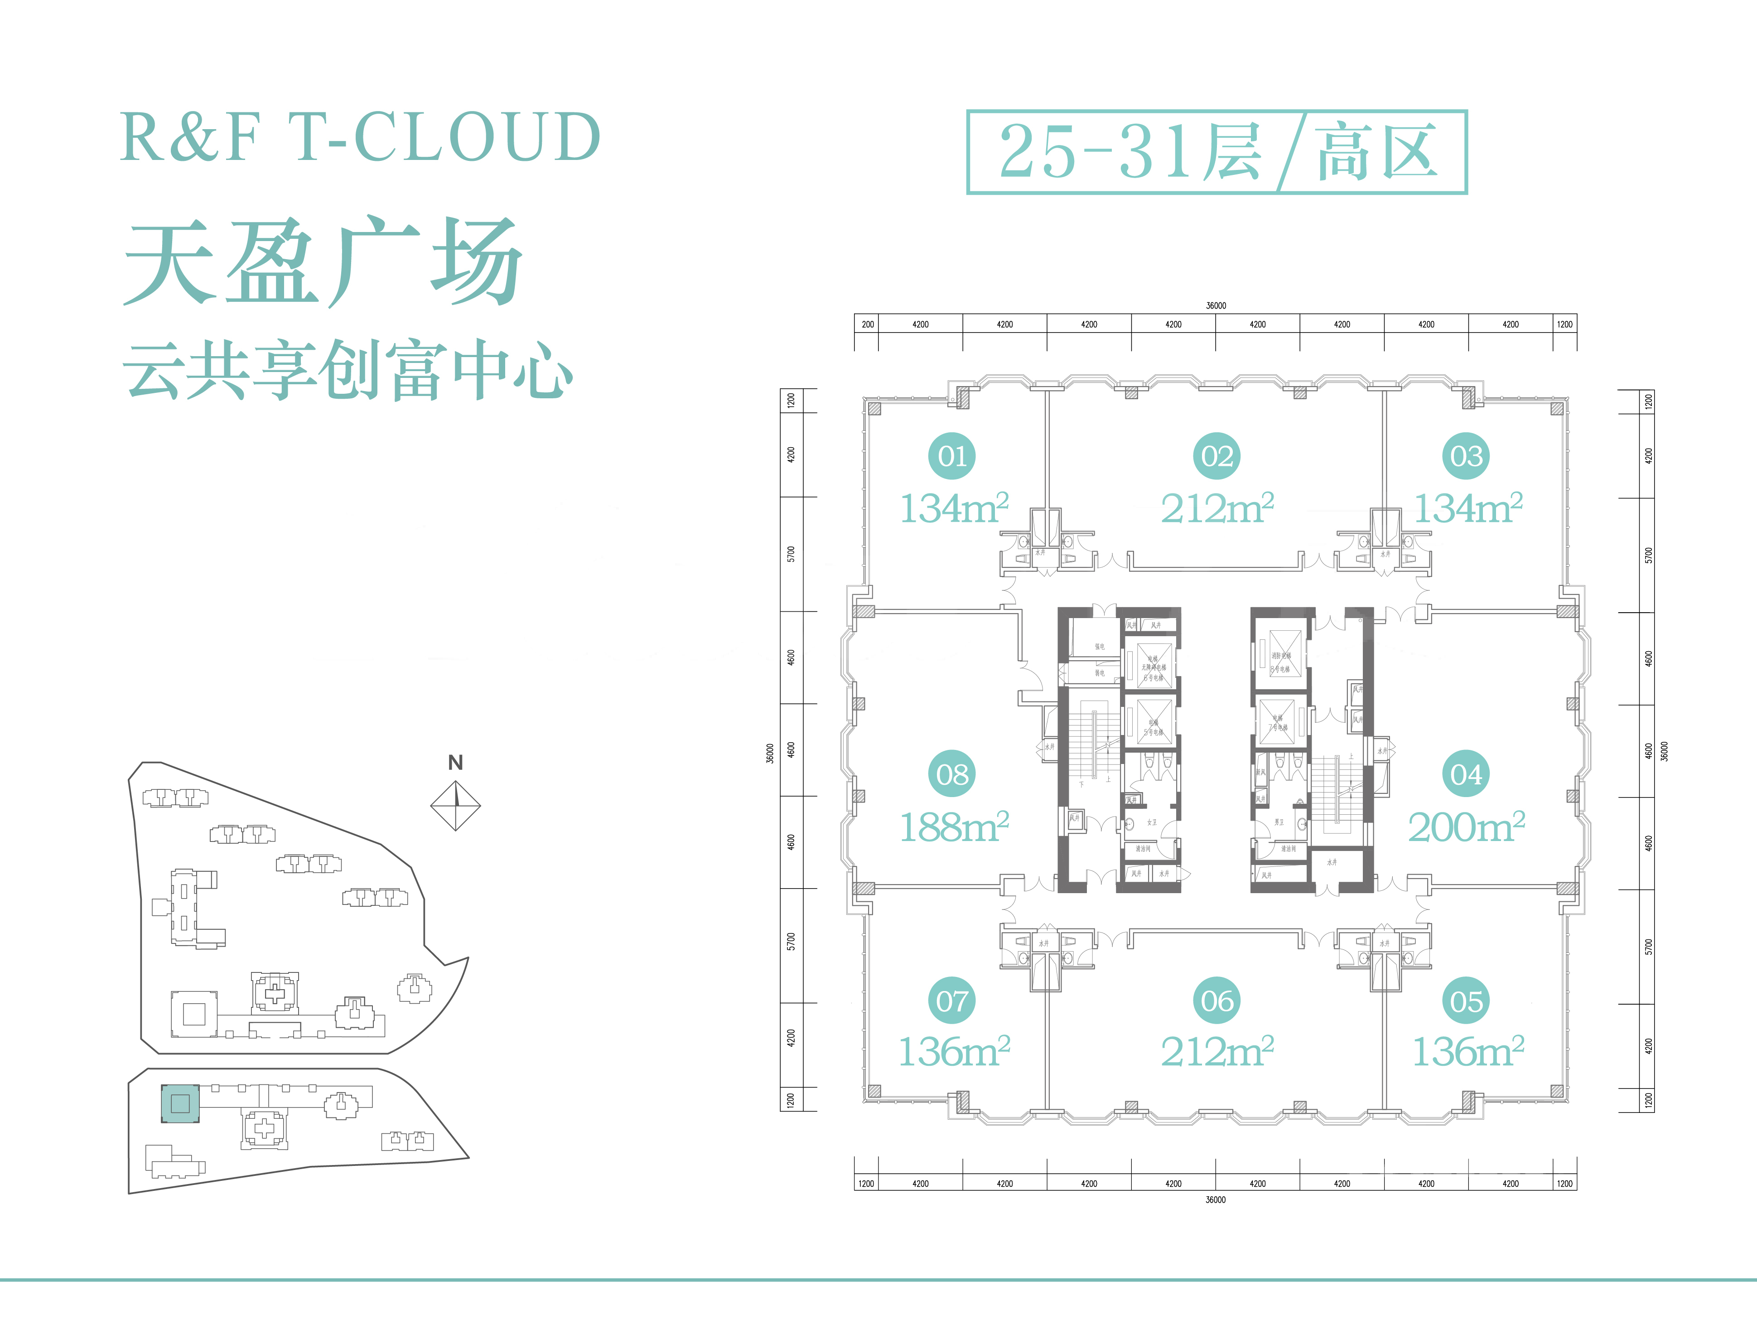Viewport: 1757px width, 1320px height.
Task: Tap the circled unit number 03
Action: coord(1466,456)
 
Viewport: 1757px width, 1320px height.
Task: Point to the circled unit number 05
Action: coord(1466,1001)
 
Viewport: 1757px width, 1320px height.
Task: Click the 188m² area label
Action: coord(953,827)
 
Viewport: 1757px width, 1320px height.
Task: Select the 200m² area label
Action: coord(1466,827)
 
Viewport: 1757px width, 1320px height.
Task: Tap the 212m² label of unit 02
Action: coord(1217,508)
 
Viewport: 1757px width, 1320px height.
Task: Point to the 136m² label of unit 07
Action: coord(953,1052)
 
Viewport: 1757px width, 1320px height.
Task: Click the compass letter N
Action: coord(455,763)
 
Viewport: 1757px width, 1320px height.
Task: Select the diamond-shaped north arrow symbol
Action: coord(455,805)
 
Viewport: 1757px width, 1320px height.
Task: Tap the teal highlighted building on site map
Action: coord(180,1103)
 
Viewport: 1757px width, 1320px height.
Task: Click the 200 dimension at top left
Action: coord(867,324)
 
